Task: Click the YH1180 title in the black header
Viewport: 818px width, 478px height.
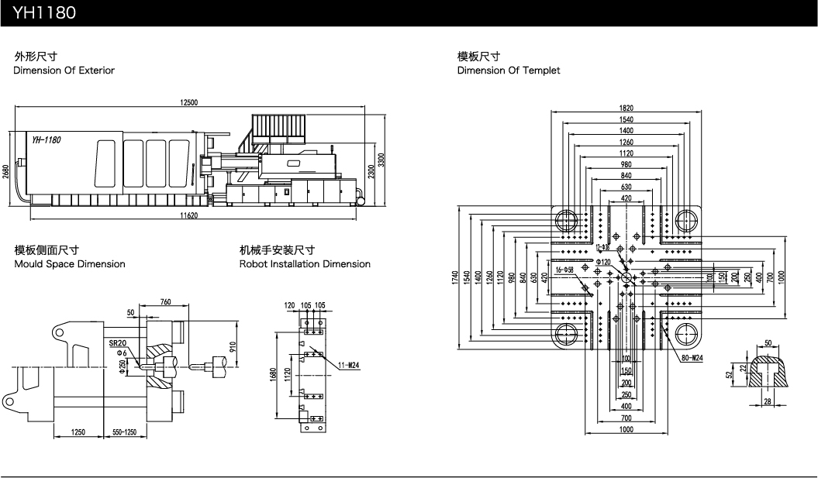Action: click(x=43, y=13)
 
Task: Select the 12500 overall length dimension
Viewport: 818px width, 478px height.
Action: click(x=189, y=103)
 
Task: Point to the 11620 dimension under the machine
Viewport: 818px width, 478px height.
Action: click(x=188, y=215)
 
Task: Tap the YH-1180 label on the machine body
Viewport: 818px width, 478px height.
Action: click(x=47, y=139)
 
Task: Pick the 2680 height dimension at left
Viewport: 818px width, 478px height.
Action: click(x=6, y=171)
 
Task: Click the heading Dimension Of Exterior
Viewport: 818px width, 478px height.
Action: click(x=64, y=70)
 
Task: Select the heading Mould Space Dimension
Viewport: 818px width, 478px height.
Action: click(x=70, y=264)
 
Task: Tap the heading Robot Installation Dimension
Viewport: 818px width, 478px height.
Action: click(x=305, y=264)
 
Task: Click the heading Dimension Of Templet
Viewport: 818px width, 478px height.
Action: click(x=508, y=70)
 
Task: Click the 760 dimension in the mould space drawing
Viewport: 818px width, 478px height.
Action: click(x=166, y=301)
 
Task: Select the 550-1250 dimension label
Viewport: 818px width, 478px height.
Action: click(x=129, y=432)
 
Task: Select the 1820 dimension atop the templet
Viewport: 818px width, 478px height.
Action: click(x=626, y=108)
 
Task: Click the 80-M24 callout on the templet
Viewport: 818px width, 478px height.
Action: click(x=692, y=358)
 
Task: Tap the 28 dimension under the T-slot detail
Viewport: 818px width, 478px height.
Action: click(x=767, y=401)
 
